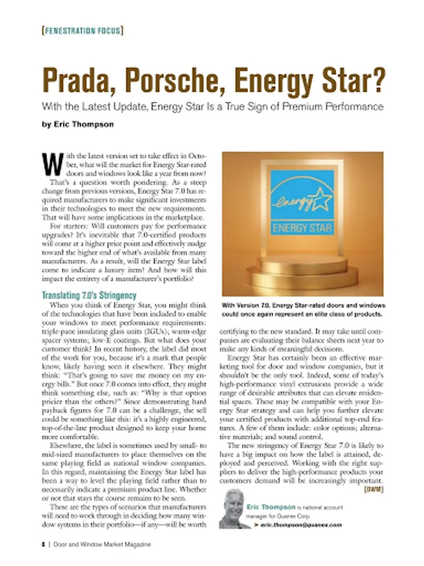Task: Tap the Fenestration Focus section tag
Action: click(81, 30)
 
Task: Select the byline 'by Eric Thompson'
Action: click(78, 124)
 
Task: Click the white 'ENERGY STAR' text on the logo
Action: click(302, 226)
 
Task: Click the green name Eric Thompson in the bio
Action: click(271, 506)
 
